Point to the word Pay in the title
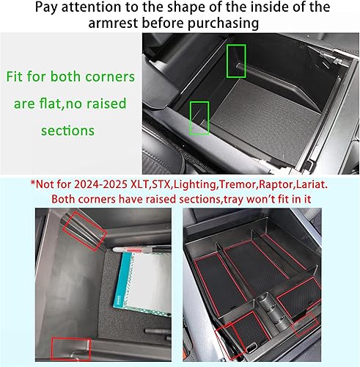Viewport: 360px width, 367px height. [x=33, y=9]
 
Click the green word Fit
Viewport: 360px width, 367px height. [x=18, y=76]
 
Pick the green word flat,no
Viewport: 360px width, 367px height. [x=76, y=103]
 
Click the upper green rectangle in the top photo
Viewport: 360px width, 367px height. [x=236, y=57]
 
